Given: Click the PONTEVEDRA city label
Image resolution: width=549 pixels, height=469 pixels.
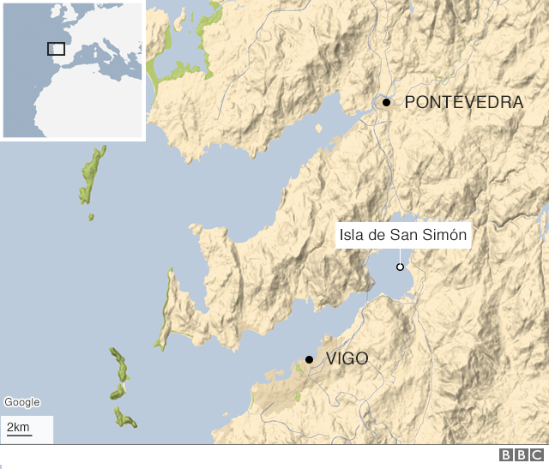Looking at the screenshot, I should coord(463,102).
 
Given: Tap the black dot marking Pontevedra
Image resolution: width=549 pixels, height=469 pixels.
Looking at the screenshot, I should coord(386,102).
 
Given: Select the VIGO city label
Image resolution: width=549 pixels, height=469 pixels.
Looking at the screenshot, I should coord(347,359).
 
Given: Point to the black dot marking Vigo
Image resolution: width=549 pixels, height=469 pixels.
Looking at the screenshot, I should coord(309,359).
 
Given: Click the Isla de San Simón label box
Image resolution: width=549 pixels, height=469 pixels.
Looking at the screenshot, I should coord(403,235).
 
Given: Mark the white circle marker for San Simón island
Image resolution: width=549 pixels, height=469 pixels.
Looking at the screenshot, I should coord(400,268).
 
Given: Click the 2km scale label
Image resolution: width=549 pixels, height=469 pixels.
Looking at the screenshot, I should coord(18,427).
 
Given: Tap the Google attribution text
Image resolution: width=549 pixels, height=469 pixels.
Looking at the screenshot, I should coord(21,402).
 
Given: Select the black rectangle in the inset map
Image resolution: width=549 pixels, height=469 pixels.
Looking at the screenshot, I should coord(56,49).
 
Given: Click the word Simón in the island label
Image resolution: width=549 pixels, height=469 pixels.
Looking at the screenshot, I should coord(446,235).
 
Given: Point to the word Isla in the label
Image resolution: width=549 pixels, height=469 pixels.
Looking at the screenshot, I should coord(353,235).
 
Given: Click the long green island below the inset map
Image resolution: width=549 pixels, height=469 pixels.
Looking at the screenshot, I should coord(93,176).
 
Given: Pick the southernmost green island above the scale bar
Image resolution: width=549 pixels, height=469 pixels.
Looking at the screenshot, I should coord(125,418).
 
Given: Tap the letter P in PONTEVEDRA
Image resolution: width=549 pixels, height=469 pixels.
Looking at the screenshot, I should coord(410,102).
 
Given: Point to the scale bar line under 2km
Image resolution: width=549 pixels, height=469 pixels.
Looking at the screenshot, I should coord(19,436).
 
